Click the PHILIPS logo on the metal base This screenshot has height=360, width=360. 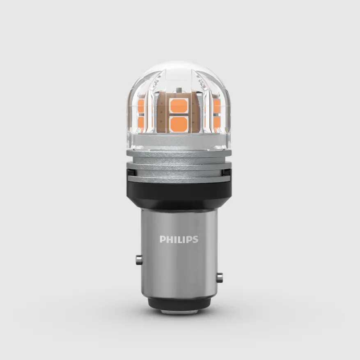click(x=179, y=239)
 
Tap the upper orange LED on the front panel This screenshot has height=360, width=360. click(x=179, y=105)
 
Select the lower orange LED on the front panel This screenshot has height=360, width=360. click(x=179, y=124)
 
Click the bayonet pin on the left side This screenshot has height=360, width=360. click(x=138, y=260)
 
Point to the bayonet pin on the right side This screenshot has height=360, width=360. click(x=220, y=278)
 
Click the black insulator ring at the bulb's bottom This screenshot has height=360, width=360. click(x=179, y=303)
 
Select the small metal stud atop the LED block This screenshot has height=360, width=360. click(x=179, y=89)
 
